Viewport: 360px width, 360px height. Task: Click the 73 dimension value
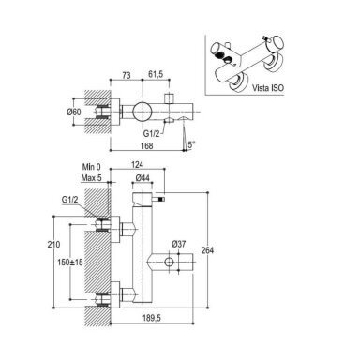pos(127,75)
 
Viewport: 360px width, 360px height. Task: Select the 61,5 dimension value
pos(155,75)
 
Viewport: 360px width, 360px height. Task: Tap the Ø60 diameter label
pos(74,112)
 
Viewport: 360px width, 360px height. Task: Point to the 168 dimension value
pos(147,145)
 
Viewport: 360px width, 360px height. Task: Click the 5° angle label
pos(191,144)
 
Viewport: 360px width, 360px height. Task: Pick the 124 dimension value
pos(137,164)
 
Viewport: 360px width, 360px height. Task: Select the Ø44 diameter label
pos(142,178)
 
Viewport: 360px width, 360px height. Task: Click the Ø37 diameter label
pos(178,244)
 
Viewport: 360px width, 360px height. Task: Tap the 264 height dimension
pos(207,250)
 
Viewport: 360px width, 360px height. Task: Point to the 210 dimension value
pos(53,244)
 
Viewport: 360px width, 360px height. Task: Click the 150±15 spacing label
pos(70,262)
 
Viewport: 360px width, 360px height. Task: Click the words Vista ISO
pos(268,88)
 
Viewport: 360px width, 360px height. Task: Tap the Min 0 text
pos(92,167)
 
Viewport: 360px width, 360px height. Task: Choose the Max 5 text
pos(92,178)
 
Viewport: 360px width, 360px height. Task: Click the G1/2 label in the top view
pos(152,134)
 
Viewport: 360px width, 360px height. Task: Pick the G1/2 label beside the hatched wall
pos(70,200)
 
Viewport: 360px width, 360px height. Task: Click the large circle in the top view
pos(142,111)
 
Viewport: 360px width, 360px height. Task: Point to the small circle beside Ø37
pos(169,262)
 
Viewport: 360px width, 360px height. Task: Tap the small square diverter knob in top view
pos(170,97)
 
